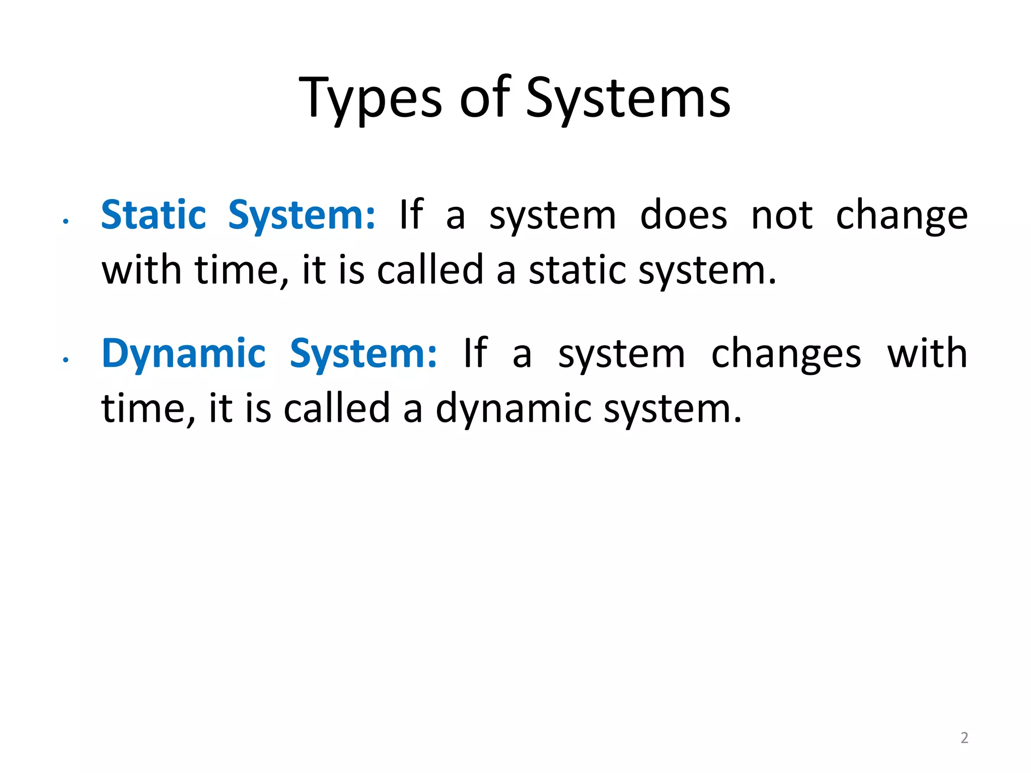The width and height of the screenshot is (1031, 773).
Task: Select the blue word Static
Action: click(x=154, y=215)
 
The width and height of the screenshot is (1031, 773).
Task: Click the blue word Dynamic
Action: click(x=183, y=354)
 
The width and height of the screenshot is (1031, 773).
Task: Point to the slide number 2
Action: click(x=964, y=738)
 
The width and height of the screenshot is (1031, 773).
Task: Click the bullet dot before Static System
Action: click(x=65, y=221)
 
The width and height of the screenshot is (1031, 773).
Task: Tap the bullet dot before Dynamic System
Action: click(x=65, y=359)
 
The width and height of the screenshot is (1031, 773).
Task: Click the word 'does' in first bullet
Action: click(x=683, y=215)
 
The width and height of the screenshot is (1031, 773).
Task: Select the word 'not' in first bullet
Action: click(x=781, y=215)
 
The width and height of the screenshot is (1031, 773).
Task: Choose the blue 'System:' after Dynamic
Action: click(x=363, y=354)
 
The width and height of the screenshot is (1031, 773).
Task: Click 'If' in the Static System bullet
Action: click(x=411, y=215)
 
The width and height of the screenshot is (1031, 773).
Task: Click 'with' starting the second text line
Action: click(x=141, y=270)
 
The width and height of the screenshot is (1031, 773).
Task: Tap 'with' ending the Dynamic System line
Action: click(x=927, y=354)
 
